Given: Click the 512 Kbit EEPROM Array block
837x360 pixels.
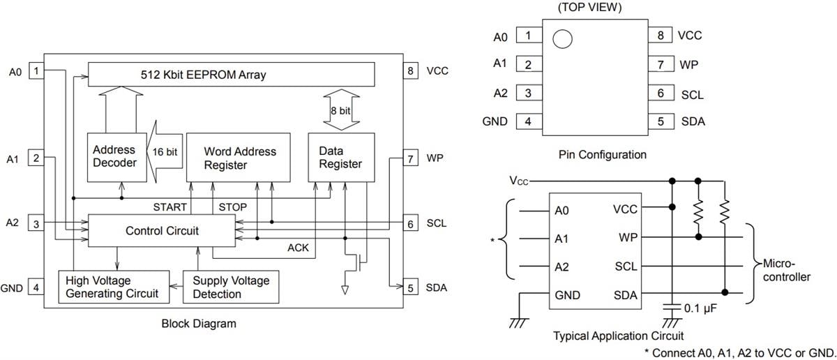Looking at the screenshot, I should [x=231, y=73].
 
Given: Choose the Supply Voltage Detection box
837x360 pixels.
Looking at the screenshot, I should [x=231, y=287].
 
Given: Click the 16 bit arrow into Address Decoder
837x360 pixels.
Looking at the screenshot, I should [x=165, y=151].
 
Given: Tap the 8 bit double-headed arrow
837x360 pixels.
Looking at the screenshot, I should [x=341, y=111].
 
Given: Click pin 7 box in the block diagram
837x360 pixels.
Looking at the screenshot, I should [x=411, y=158].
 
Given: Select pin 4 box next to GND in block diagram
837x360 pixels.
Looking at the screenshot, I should [x=36, y=287].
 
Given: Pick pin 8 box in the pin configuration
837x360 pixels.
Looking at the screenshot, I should [x=659, y=36].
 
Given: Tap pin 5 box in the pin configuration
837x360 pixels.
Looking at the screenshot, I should [x=659, y=121].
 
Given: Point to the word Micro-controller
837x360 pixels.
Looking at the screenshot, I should [x=786, y=271].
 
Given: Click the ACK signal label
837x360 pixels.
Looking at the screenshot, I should [x=299, y=248].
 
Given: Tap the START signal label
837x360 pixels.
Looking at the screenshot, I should [x=169, y=207].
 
